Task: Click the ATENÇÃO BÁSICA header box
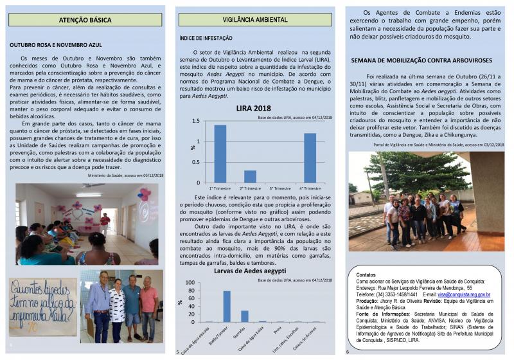85,20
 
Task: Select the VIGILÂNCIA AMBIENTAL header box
255,20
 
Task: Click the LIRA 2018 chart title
253,107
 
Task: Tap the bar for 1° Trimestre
220,154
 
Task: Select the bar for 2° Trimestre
250,176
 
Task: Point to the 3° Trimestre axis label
279,188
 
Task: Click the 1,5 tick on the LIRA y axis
199,121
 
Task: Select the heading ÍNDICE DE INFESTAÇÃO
206,39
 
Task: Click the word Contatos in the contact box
366,274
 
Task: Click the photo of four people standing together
121,306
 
